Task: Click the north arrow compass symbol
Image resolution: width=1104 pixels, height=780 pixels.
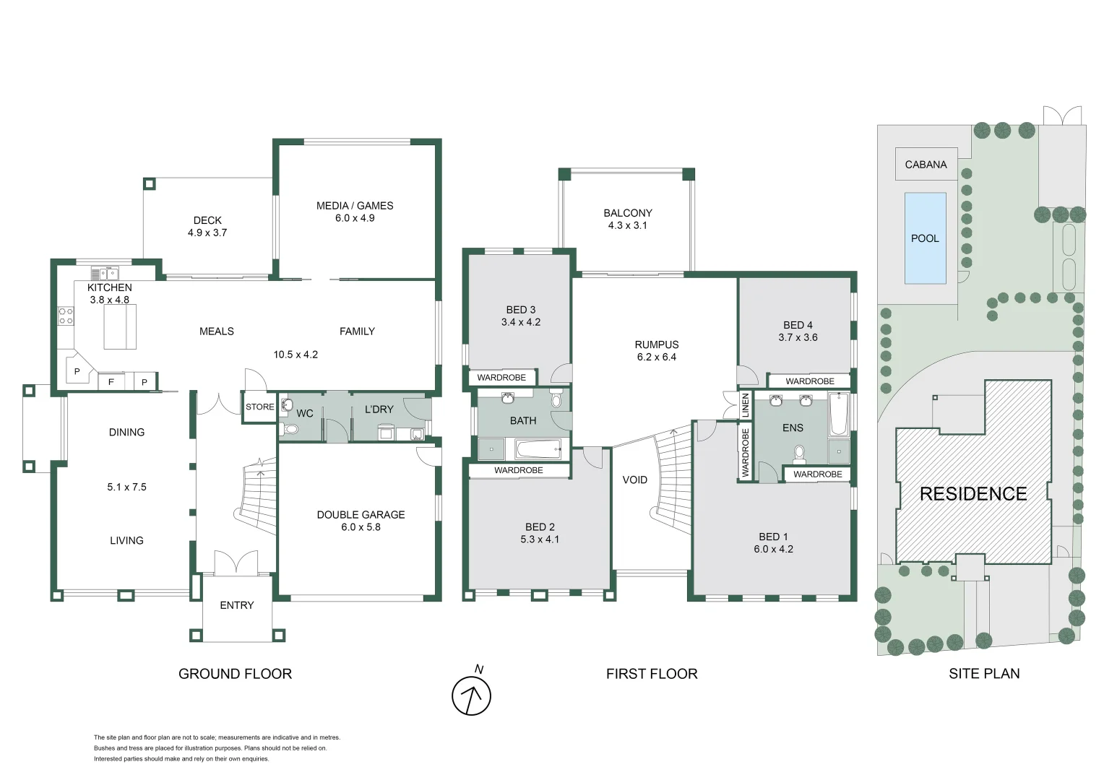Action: [471, 695]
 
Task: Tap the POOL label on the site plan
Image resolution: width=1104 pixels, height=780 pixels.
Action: [925, 238]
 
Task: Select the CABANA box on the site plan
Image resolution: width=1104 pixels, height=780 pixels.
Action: [926, 165]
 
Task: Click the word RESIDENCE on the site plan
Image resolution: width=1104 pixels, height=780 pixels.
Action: [973, 494]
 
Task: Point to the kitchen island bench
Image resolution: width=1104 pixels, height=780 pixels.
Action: [120, 326]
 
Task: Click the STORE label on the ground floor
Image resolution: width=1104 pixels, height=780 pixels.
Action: [259, 407]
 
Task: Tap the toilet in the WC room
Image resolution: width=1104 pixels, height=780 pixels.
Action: [290, 429]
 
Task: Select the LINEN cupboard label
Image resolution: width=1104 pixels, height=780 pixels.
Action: [745, 406]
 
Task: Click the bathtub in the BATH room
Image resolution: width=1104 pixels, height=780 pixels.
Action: [538, 449]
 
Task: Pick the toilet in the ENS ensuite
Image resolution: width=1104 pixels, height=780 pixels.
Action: [799, 453]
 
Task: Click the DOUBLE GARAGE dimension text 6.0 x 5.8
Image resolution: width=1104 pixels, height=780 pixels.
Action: [361, 527]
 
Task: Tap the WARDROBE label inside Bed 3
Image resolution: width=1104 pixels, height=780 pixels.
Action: [501, 378]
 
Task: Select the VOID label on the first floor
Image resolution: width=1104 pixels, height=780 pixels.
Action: [635, 480]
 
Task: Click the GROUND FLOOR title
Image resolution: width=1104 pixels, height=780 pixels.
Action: [235, 674]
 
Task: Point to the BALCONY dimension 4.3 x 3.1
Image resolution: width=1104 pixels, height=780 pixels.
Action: [627, 225]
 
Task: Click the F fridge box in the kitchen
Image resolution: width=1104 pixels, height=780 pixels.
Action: [111, 381]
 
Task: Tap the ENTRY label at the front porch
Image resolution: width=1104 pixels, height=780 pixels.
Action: [237, 605]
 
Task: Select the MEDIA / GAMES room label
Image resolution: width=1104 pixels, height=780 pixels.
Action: [355, 206]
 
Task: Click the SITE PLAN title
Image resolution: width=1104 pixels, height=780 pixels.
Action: [984, 674]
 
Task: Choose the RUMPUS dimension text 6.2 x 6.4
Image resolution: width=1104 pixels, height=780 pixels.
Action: [657, 357]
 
